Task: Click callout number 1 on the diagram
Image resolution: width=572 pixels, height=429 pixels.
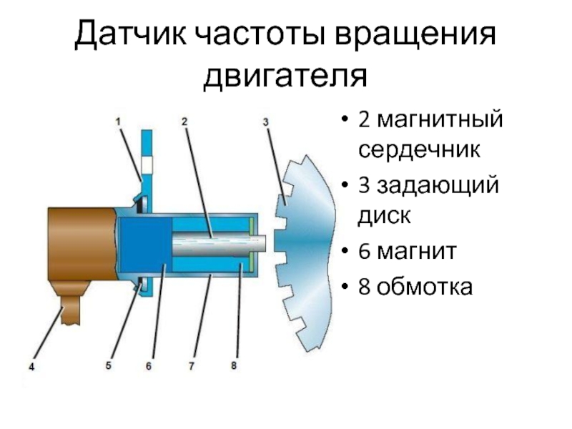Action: pyautogui.click(x=119, y=122)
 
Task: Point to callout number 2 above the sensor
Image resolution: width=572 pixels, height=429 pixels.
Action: pyautogui.click(x=184, y=122)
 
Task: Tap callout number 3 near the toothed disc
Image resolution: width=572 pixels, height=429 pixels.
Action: pyautogui.click(x=265, y=122)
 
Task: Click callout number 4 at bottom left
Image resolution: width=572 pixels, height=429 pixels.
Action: pyautogui.click(x=31, y=368)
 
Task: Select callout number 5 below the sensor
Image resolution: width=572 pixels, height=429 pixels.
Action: pyautogui.click(x=109, y=365)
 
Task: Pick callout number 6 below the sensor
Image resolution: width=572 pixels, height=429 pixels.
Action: pyautogui.click(x=149, y=366)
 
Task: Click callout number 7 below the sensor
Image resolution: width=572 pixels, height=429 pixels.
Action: pyautogui.click(x=192, y=366)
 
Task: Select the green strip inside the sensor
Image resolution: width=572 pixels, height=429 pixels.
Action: pyautogui.click(x=251, y=247)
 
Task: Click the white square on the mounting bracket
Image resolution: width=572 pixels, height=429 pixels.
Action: pyautogui.click(x=147, y=165)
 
